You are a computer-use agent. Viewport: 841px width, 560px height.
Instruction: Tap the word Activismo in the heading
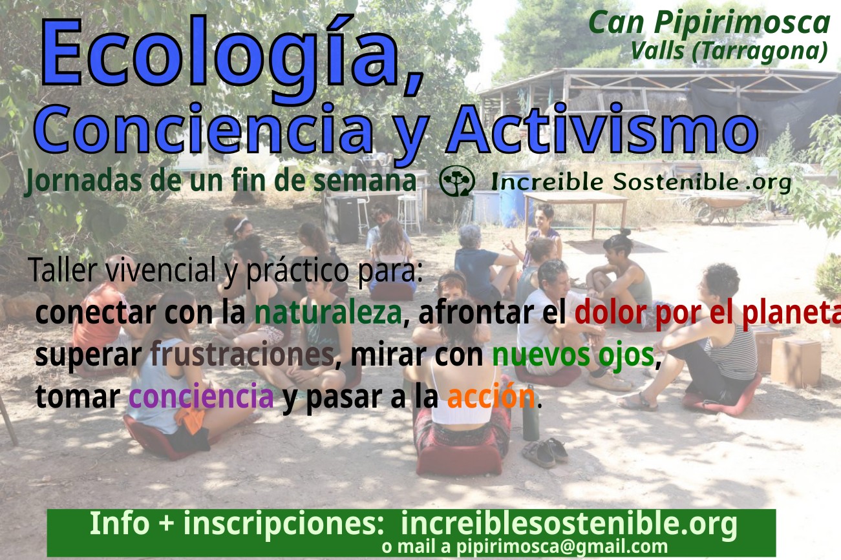(x=601, y=129)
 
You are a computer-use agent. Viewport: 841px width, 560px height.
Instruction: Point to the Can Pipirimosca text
(x=709, y=23)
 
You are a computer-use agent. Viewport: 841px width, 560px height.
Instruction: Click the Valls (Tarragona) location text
(x=729, y=51)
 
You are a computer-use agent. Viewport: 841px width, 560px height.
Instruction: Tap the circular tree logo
(x=456, y=181)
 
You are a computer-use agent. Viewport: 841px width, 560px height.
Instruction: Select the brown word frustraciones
(x=242, y=354)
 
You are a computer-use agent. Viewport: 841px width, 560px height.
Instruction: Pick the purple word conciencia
(x=201, y=396)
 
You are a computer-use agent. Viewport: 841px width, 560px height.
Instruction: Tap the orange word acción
(x=491, y=396)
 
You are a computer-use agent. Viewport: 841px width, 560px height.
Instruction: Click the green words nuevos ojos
(x=573, y=355)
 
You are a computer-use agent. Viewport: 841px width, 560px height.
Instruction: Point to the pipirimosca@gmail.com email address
(x=562, y=546)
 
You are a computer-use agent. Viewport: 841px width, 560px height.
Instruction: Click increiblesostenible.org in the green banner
(x=569, y=524)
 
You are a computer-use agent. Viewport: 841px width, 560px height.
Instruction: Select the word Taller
(x=63, y=270)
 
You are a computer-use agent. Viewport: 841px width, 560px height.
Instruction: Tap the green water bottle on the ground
(x=531, y=413)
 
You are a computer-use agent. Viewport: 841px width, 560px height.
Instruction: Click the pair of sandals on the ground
(x=544, y=453)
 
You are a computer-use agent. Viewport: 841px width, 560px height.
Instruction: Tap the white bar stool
(x=409, y=213)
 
